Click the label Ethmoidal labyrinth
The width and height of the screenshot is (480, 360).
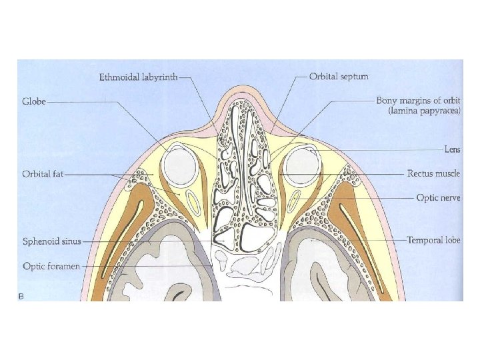[139, 77]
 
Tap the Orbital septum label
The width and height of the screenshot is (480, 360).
[339, 77]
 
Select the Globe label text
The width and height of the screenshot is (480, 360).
[33, 102]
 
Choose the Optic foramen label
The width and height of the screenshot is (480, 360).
[51, 266]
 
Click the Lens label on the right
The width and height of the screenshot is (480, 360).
[452, 150]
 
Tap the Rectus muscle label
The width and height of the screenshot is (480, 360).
[433, 174]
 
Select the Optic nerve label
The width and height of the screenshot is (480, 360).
[438, 198]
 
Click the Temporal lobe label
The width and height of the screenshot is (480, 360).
[433, 239]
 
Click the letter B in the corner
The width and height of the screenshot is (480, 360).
[21, 295]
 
